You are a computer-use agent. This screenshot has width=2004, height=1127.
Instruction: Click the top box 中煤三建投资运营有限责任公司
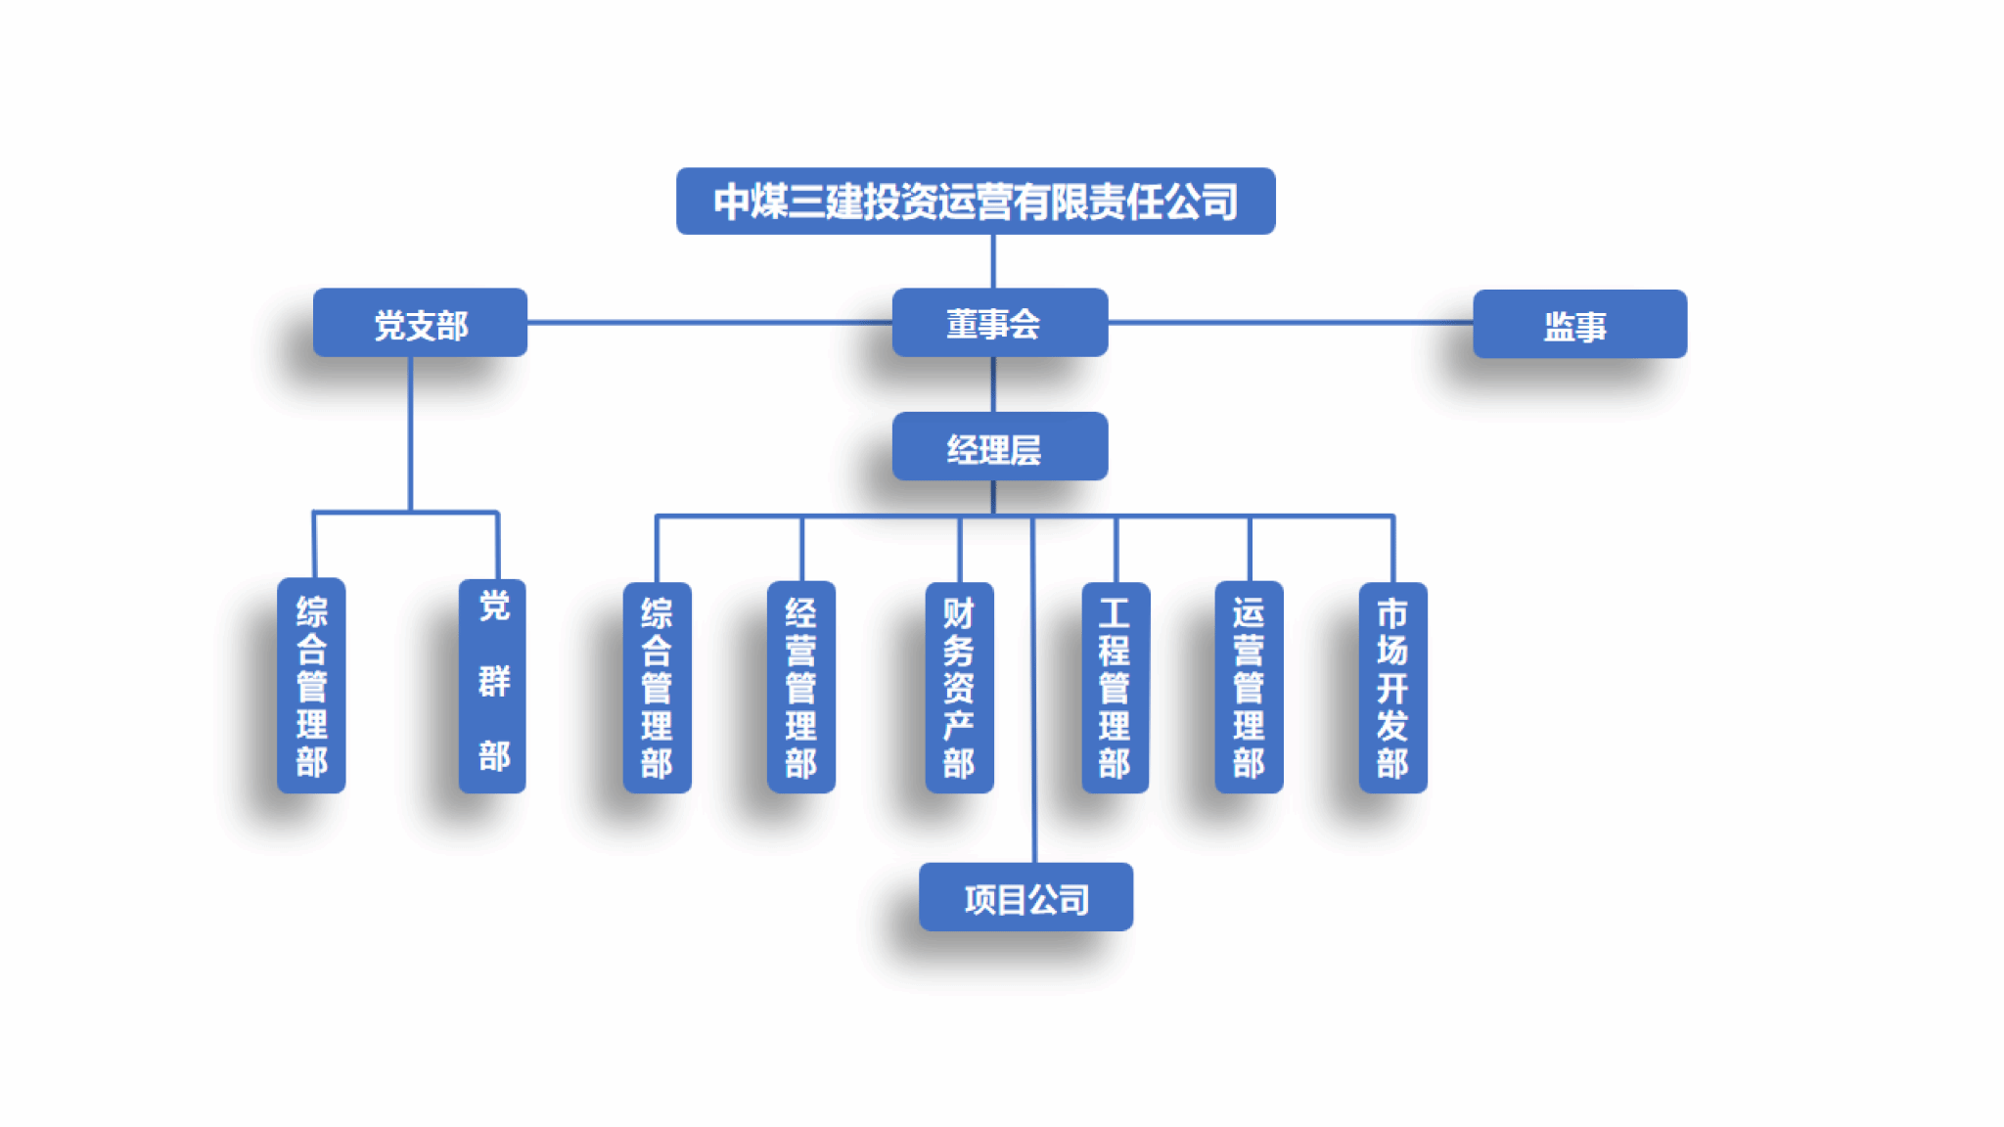[975, 202]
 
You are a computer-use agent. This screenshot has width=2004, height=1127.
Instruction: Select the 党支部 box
[420, 323]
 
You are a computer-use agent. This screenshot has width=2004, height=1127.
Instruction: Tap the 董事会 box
[999, 323]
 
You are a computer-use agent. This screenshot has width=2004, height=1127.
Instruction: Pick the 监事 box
[1579, 324]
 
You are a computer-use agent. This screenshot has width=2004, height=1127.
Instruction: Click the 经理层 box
[999, 447]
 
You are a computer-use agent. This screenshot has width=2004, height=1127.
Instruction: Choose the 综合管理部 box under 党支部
[311, 686]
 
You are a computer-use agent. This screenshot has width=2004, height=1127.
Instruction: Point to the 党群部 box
[492, 686]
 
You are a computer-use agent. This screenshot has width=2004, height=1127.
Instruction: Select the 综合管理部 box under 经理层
[657, 688]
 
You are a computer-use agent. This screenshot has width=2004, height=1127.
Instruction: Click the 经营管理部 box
[800, 688]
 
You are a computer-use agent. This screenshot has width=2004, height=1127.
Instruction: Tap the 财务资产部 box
[959, 688]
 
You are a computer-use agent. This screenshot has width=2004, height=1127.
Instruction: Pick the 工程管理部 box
[1115, 688]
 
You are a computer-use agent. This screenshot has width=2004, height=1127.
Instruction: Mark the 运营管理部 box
[1249, 688]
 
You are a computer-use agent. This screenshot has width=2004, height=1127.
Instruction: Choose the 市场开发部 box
[1392, 688]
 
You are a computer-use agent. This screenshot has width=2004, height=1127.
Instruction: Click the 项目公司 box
[1025, 897]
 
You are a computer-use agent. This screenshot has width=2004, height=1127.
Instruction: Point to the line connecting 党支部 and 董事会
[709, 322]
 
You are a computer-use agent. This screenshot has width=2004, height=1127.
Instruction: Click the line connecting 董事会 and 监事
[1290, 322]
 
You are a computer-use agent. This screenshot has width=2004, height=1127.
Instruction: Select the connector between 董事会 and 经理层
[993, 384]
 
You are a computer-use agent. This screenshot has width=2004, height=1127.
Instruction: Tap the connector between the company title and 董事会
[993, 261]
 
